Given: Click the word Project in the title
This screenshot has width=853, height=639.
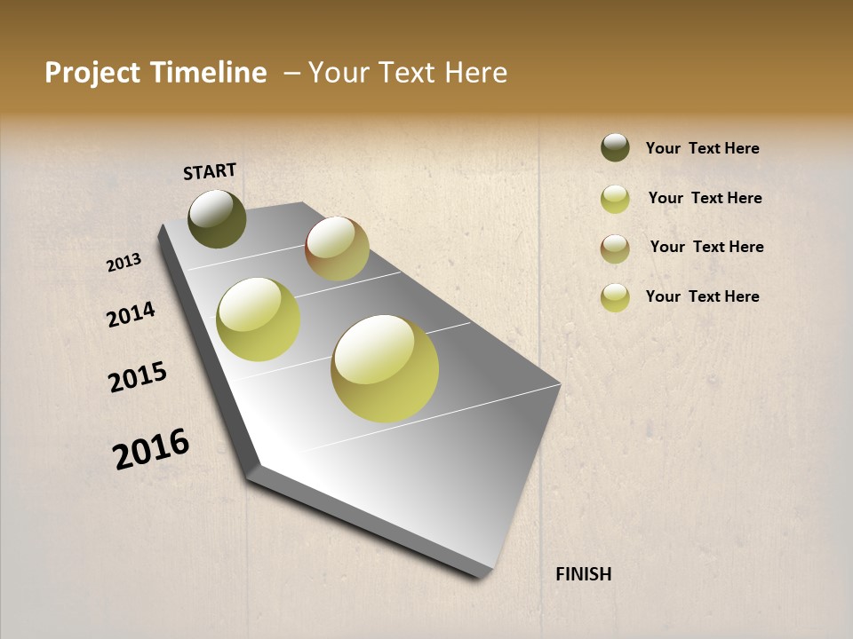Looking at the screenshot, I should click(x=92, y=73).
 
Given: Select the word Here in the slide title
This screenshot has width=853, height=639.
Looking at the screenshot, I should click(x=475, y=73).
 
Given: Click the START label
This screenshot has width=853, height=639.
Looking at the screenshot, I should click(x=210, y=171).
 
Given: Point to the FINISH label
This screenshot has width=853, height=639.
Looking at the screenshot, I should click(x=583, y=574).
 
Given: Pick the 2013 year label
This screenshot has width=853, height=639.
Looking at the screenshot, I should click(x=124, y=263).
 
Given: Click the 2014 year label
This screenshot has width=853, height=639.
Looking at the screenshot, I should click(x=131, y=314).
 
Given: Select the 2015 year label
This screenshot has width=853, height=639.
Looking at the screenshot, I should click(x=138, y=377).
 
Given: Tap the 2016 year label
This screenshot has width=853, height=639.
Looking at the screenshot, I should click(x=151, y=448).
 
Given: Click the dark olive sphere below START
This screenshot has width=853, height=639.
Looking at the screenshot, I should click(x=217, y=218).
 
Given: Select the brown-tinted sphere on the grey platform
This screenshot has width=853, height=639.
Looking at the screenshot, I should click(x=337, y=248).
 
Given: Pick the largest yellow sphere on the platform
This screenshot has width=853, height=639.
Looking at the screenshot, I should click(x=385, y=368).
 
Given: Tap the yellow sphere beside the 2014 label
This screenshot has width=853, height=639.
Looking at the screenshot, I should click(x=259, y=319).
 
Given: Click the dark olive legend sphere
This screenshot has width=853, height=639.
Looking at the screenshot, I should click(x=615, y=147).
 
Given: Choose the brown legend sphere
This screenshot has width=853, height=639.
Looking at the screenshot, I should click(x=615, y=248).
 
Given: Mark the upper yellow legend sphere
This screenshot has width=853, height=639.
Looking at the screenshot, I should click(x=615, y=199).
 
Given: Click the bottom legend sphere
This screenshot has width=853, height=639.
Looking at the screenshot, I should click(x=615, y=297).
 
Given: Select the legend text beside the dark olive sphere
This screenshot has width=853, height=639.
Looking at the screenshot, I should click(x=702, y=149).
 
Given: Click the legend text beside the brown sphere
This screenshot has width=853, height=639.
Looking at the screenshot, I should click(x=706, y=247).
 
